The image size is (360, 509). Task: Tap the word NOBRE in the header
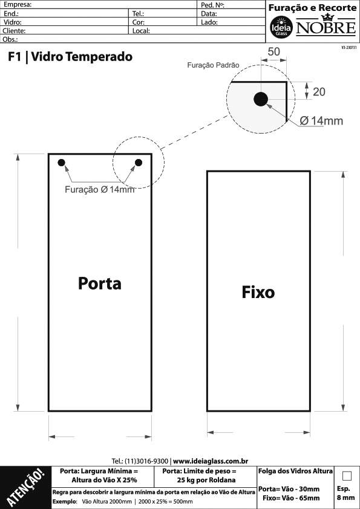[326, 27]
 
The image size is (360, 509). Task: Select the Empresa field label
[17, 5]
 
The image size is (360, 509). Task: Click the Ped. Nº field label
[212, 5]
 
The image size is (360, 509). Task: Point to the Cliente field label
[14, 31]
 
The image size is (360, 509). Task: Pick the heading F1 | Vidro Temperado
[70, 57]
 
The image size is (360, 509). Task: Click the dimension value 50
[273, 51]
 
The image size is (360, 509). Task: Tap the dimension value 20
[319, 92]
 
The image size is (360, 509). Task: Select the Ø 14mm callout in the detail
[321, 121]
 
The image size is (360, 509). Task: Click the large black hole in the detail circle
[261, 99]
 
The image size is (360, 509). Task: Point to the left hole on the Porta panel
[61, 163]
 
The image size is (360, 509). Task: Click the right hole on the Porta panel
[139, 163]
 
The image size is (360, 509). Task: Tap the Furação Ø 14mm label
[99, 190]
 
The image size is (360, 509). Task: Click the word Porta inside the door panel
[100, 284]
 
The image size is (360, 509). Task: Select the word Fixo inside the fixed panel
[258, 292]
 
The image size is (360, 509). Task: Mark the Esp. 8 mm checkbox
[347, 476]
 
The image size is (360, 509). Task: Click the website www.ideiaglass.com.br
[211, 461]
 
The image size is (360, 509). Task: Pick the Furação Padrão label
[213, 65]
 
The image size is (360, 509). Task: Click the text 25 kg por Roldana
[206, 480]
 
